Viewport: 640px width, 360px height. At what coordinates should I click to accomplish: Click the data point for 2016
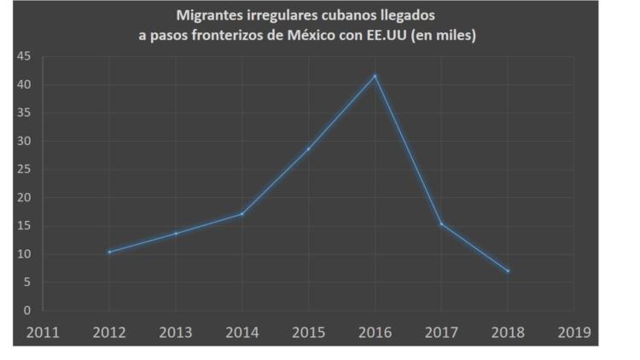coord(375,76)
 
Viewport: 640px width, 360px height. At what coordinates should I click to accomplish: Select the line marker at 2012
coord(109,252)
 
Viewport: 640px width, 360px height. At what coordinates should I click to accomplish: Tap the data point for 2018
coord(508,271)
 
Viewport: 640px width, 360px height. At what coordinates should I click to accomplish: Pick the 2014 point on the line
coord(242,213)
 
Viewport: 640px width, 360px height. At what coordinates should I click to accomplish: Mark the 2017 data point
coord(441,224)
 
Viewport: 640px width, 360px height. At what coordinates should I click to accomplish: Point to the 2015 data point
coord(309,148)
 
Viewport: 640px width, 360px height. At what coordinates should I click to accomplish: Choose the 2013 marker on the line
coord(176,233)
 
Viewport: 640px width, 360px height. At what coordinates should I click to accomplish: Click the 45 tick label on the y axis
coord(25,57)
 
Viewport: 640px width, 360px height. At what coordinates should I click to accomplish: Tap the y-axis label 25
coord(25,170)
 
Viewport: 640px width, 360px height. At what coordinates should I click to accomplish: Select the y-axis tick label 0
coord(28,311)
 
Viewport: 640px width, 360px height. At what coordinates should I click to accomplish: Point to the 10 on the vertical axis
coord(25,254)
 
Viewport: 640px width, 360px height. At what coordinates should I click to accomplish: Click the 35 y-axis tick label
coord(25,113)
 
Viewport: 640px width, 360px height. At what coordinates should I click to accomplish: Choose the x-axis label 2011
coord(43,332)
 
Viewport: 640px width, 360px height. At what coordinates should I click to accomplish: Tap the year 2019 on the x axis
coord(574,332)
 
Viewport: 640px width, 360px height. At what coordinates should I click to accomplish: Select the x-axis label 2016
coord(375,332)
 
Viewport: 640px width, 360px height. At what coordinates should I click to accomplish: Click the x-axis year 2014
coord(242,332)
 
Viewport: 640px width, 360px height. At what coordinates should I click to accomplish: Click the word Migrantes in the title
coord(210,15)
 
